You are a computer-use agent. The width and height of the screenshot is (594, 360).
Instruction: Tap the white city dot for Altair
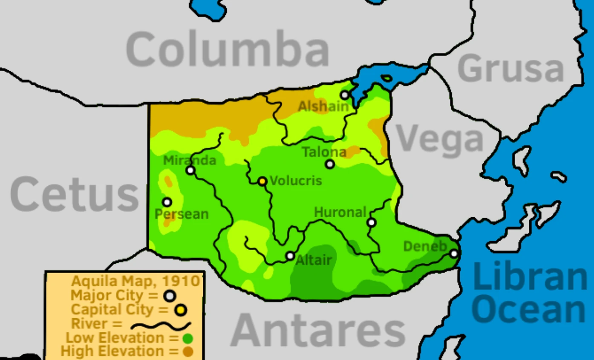point(290,256)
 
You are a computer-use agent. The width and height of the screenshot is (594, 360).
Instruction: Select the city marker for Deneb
point(454,253)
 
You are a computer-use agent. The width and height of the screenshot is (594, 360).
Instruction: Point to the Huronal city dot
point(372,222)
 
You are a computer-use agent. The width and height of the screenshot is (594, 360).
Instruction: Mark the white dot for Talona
point(330,164)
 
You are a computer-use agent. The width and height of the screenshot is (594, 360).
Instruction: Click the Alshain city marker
point(345,95)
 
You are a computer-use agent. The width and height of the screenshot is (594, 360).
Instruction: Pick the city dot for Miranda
point(190,170)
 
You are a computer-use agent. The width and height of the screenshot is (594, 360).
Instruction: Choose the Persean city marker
point(167,202)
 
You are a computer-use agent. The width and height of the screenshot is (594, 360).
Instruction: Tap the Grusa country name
point(510,69)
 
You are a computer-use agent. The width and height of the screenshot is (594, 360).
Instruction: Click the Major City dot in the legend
point(170,296)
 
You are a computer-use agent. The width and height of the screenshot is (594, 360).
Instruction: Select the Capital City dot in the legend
point(181,310)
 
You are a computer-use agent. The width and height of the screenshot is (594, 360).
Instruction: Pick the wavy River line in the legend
point(161,326)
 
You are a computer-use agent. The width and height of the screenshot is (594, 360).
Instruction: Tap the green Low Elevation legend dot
point(187,339)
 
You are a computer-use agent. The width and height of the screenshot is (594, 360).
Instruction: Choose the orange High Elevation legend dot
point(187,352)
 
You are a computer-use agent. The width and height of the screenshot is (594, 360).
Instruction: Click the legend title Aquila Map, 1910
point(136,281)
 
